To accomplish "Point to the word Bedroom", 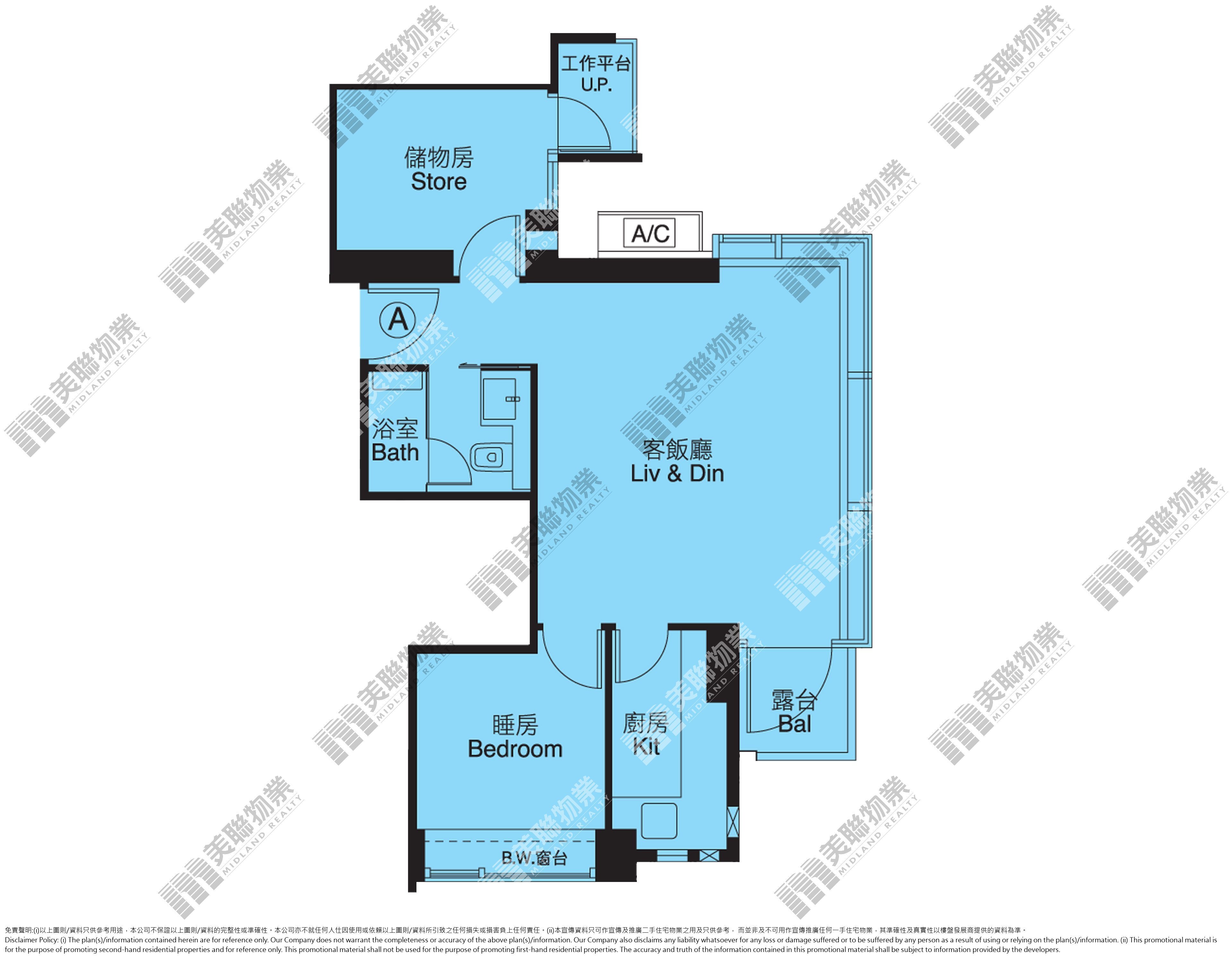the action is pyautogui.click(x=515, y=749).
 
